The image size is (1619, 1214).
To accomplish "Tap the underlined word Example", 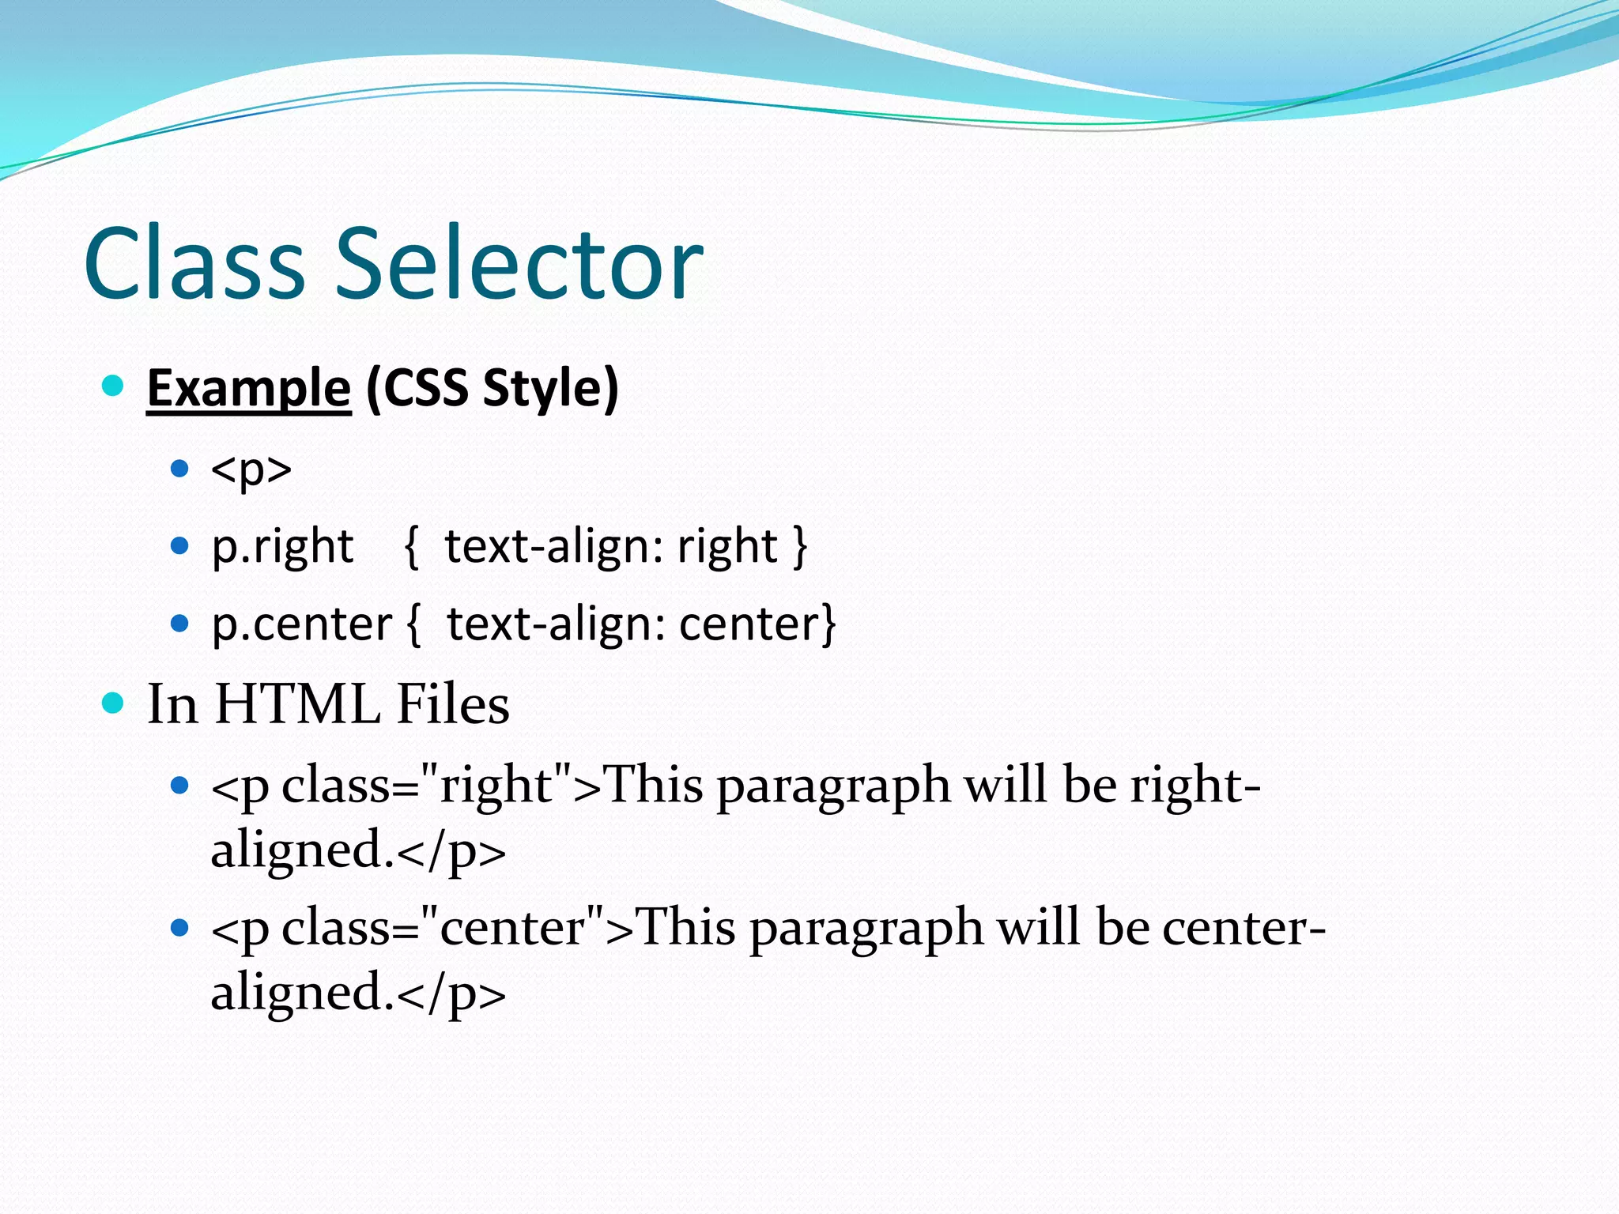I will [249, 388].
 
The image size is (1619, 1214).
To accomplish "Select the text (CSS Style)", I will [492, 388].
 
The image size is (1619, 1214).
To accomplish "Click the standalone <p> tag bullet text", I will [251, 470].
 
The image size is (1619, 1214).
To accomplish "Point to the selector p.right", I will [282, 546].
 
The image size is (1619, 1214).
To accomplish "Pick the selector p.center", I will [301, 624].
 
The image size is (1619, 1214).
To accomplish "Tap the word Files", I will [453, 703].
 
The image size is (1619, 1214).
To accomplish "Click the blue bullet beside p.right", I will [180, 545].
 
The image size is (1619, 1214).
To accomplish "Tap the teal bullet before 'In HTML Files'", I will [114, 702].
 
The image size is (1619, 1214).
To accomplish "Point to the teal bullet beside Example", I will [114, 386].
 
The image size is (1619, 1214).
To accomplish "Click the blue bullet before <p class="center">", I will [180, 926].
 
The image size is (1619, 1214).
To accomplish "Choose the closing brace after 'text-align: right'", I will [800, 545].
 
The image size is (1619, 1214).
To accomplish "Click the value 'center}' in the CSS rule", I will [757, 624].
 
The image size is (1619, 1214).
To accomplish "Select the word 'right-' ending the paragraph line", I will [1194, 786].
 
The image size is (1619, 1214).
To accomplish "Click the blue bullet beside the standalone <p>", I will [180, 469].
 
